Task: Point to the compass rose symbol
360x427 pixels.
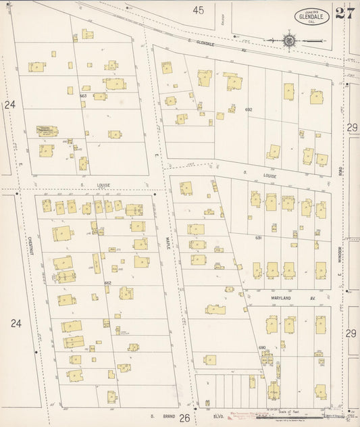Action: pyautogui.click(x=290, y=41)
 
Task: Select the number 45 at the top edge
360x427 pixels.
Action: pyautogui.click(x=197, y=10)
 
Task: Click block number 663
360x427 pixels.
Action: pyautogui.click(x=83, y=96)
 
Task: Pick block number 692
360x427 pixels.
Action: pyautogui.click(x=249, y=109)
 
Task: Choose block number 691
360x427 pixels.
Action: pyautogui.click(x=258, y=238)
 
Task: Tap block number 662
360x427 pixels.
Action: pyautogui.click(x=107, y=282)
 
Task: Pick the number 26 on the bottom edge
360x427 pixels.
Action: pyautogui.click(x=184, y=418)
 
